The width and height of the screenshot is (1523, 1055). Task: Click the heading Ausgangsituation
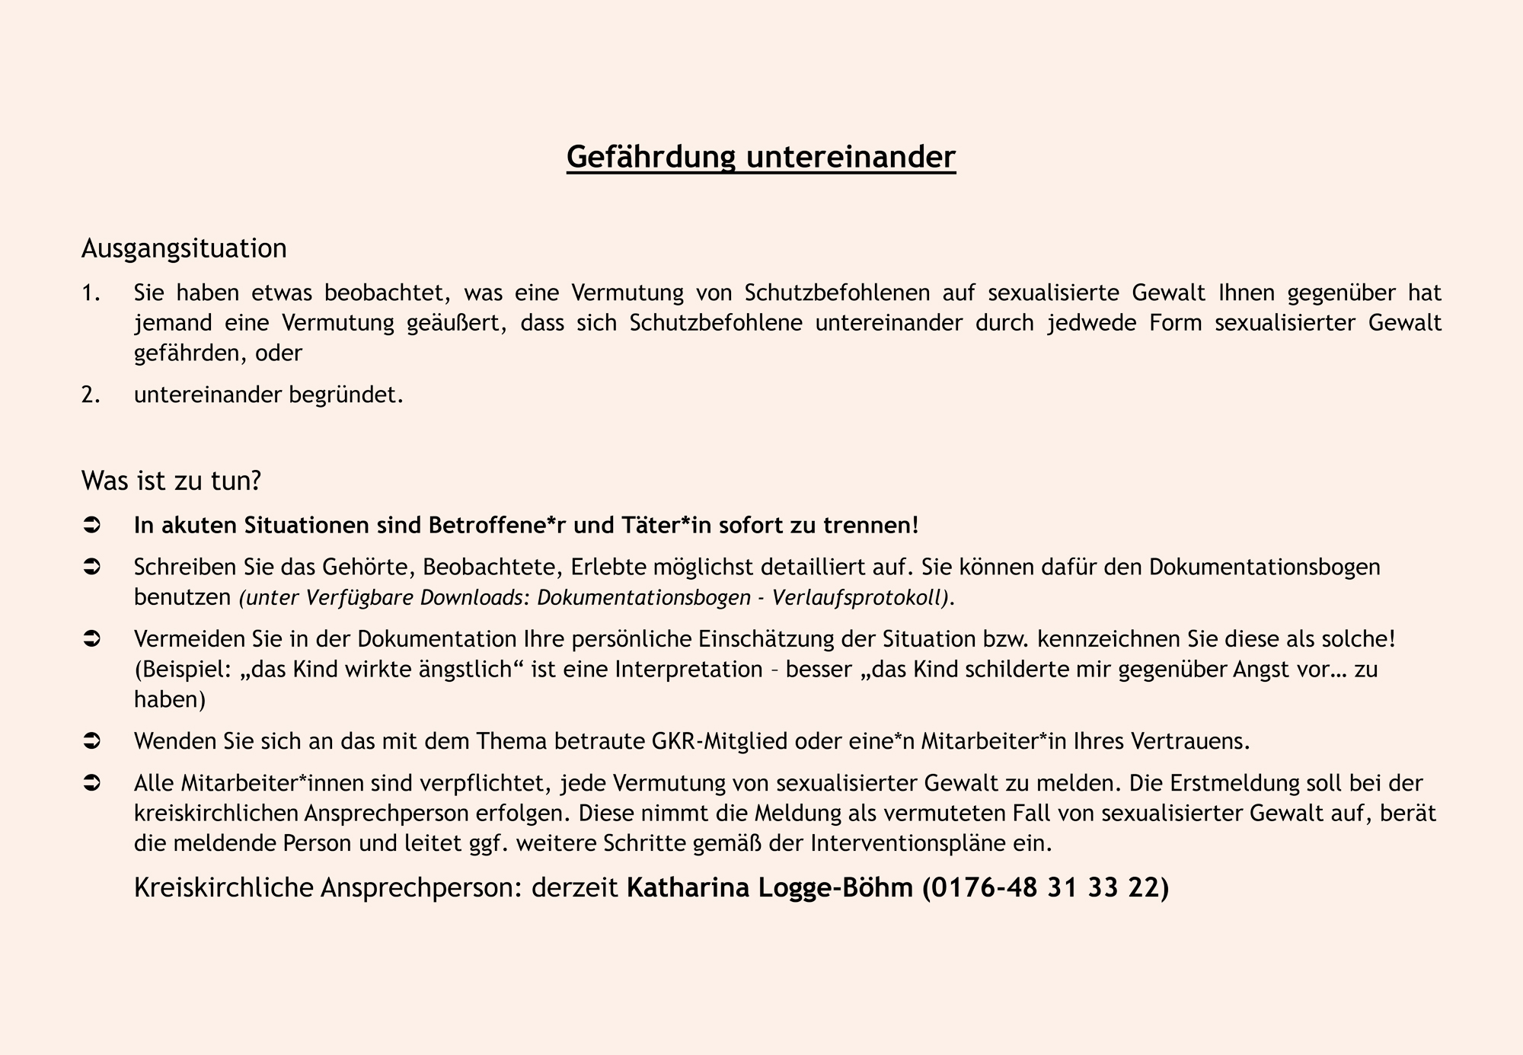tap(184, 248)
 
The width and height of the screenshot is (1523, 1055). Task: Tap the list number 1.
tap(91, 293)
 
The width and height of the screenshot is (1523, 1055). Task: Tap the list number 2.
tap(91, 395)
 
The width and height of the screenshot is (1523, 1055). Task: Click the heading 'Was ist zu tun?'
tap(171, 481)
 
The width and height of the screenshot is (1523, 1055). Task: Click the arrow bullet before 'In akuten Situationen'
tap(91, 526)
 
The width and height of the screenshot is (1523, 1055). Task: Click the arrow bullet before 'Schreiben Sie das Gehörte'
tap(91, 567)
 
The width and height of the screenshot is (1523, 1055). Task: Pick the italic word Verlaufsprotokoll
tap(861, 598)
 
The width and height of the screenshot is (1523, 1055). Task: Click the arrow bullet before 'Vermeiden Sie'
tap(91, 639)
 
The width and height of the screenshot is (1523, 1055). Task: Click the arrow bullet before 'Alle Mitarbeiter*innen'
tap(91, 783)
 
